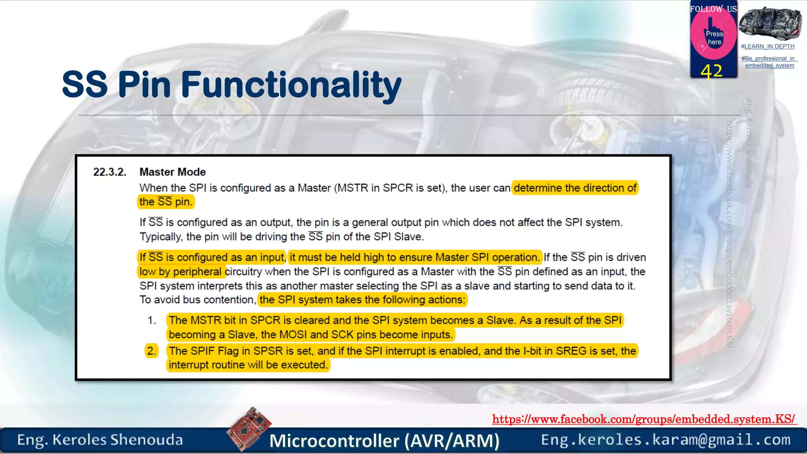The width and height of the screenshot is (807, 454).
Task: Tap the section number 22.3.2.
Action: pos(110,172)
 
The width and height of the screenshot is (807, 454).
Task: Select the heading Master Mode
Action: pos(173,172)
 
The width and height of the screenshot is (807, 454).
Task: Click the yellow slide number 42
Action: pos(712,71)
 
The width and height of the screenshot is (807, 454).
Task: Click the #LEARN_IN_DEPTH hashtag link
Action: pos(768,47)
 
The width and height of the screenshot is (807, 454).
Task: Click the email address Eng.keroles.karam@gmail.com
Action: pos(666,440)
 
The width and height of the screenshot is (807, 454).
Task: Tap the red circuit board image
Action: pos(249,429)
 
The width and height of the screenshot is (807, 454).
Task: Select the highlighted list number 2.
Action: pos(151,351)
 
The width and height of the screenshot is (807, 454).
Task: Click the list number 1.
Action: pos(152,320)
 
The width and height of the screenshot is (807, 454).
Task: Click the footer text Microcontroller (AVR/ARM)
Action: pos(384,441)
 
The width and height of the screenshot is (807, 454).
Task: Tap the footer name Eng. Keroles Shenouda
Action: pos(100,440)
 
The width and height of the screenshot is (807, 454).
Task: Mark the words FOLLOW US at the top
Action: pos(713,9)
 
